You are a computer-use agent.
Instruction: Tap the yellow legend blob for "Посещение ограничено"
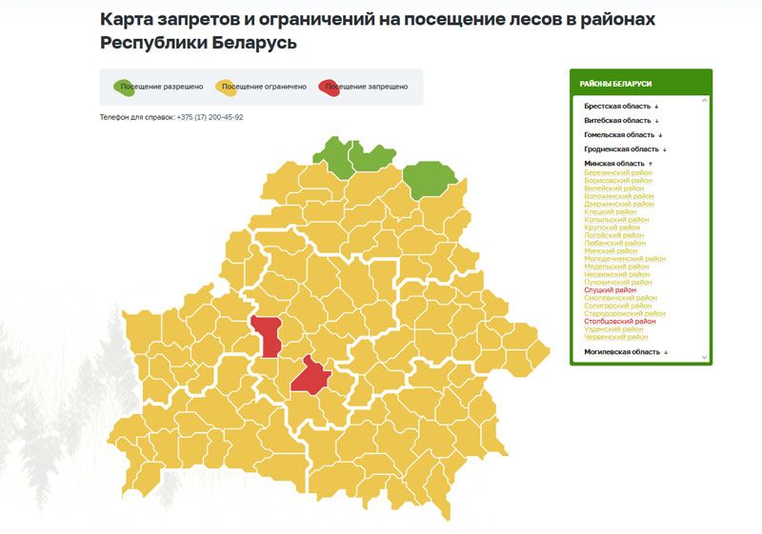point(229,87)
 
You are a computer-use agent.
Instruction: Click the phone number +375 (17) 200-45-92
point(210,117)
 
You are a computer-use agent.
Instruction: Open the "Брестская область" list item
point(619,107)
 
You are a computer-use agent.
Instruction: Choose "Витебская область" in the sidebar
point(618,121)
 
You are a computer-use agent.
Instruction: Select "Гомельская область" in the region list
point(620,135)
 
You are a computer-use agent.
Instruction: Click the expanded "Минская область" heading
point(615,164)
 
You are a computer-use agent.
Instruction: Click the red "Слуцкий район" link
point(610,289)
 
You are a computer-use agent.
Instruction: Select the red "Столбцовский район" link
point(620,321)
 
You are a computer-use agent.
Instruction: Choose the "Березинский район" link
point(618,172)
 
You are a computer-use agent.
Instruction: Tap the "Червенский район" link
point(616,336)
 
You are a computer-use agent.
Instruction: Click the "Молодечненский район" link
point(625,258)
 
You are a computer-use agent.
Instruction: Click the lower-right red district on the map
point(310,374)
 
